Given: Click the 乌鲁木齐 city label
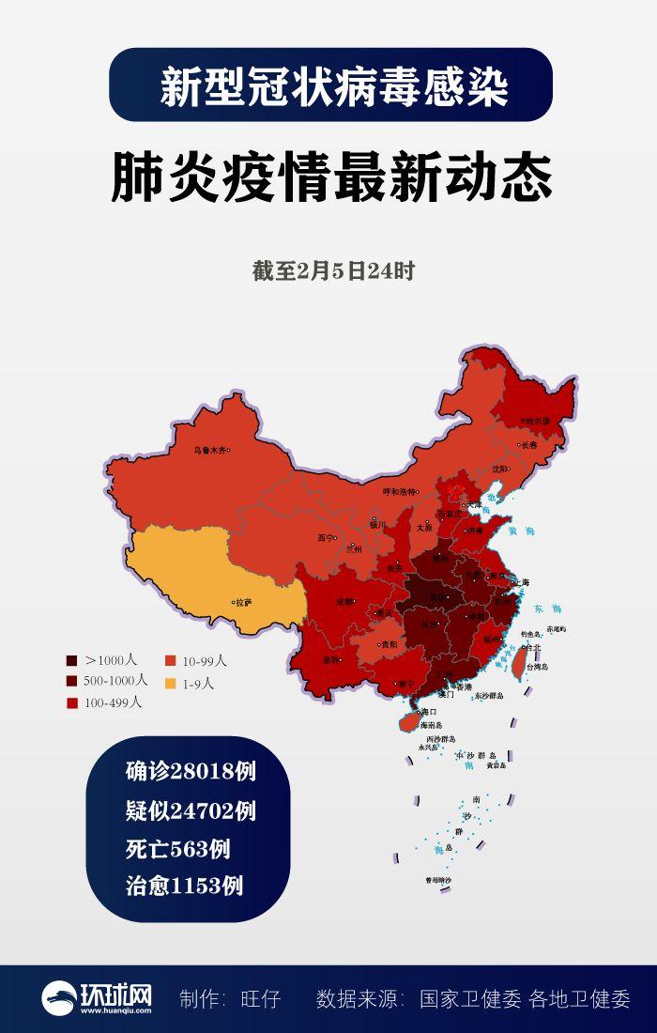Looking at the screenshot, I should point(209,450).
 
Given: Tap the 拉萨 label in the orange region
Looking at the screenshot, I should point(243,602).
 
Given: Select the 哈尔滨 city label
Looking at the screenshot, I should point(537,421).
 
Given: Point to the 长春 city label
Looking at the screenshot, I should point(529,445).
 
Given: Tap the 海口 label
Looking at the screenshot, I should point(430,711).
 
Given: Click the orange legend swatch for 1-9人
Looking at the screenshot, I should point(172,683).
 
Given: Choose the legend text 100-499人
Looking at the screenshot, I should point(113,702).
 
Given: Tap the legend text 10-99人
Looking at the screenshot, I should point(202,661).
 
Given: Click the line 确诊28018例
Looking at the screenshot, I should point(191,772).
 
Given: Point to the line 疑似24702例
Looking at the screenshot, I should point(191,809).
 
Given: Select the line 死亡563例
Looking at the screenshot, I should point(178,848).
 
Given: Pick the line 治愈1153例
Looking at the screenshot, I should point(185,885).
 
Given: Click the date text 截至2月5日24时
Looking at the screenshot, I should point(332,272).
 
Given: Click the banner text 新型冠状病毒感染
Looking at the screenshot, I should point(333,87).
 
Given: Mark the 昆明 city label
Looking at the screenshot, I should point(328,659).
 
